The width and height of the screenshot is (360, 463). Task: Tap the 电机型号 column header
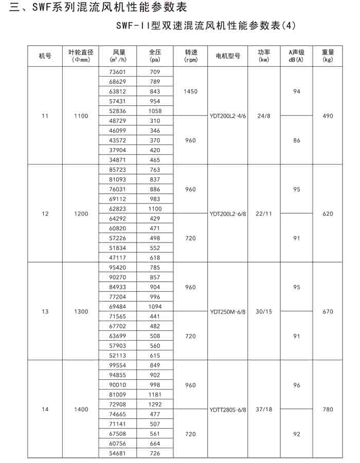pyautogui.click(x=228, y=55)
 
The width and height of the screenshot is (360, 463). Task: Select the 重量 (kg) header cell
pyautogui.click(x=328, y=55)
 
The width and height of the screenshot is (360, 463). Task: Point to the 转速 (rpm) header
pyautogui.click(x=190, y=55)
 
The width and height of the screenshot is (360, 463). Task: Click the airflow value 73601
pyautogui.click(x=118, y=72)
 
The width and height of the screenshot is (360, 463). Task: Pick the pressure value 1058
pyautogui.click(x=155, y=111)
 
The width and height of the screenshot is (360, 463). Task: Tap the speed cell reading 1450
pyautogui.click(x=190, y=91)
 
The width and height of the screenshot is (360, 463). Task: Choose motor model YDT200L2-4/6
pyautogui.click(x=228, y=116)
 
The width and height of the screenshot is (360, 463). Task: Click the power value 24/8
pyautogui.click(x=263, y=116)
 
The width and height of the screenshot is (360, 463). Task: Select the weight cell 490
pyautogui.click(x=328, y=116)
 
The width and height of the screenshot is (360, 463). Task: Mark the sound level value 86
pyautogui.click(x=297, y=140)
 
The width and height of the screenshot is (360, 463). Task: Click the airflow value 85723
pyautogui.click(x=118, y=170)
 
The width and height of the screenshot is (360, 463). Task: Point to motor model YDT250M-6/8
pyautogui.click(x=228, y=311)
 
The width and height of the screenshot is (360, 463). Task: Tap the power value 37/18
pyautogui.click(x=263, y=409)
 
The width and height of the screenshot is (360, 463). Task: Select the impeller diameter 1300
pyautogui.click(x=81, y=311)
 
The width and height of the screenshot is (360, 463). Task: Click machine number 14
pyautogui.click(x=45, y=409)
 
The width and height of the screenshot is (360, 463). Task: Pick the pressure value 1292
pyautogui.click(x=155, y=404)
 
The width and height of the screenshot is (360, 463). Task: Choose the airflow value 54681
pyautogui.click(x=118, y=453)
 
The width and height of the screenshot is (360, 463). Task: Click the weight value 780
pyautogui.click(x=328, y=409)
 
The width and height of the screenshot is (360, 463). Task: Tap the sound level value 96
pyautogui.click(x=297, y=385)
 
